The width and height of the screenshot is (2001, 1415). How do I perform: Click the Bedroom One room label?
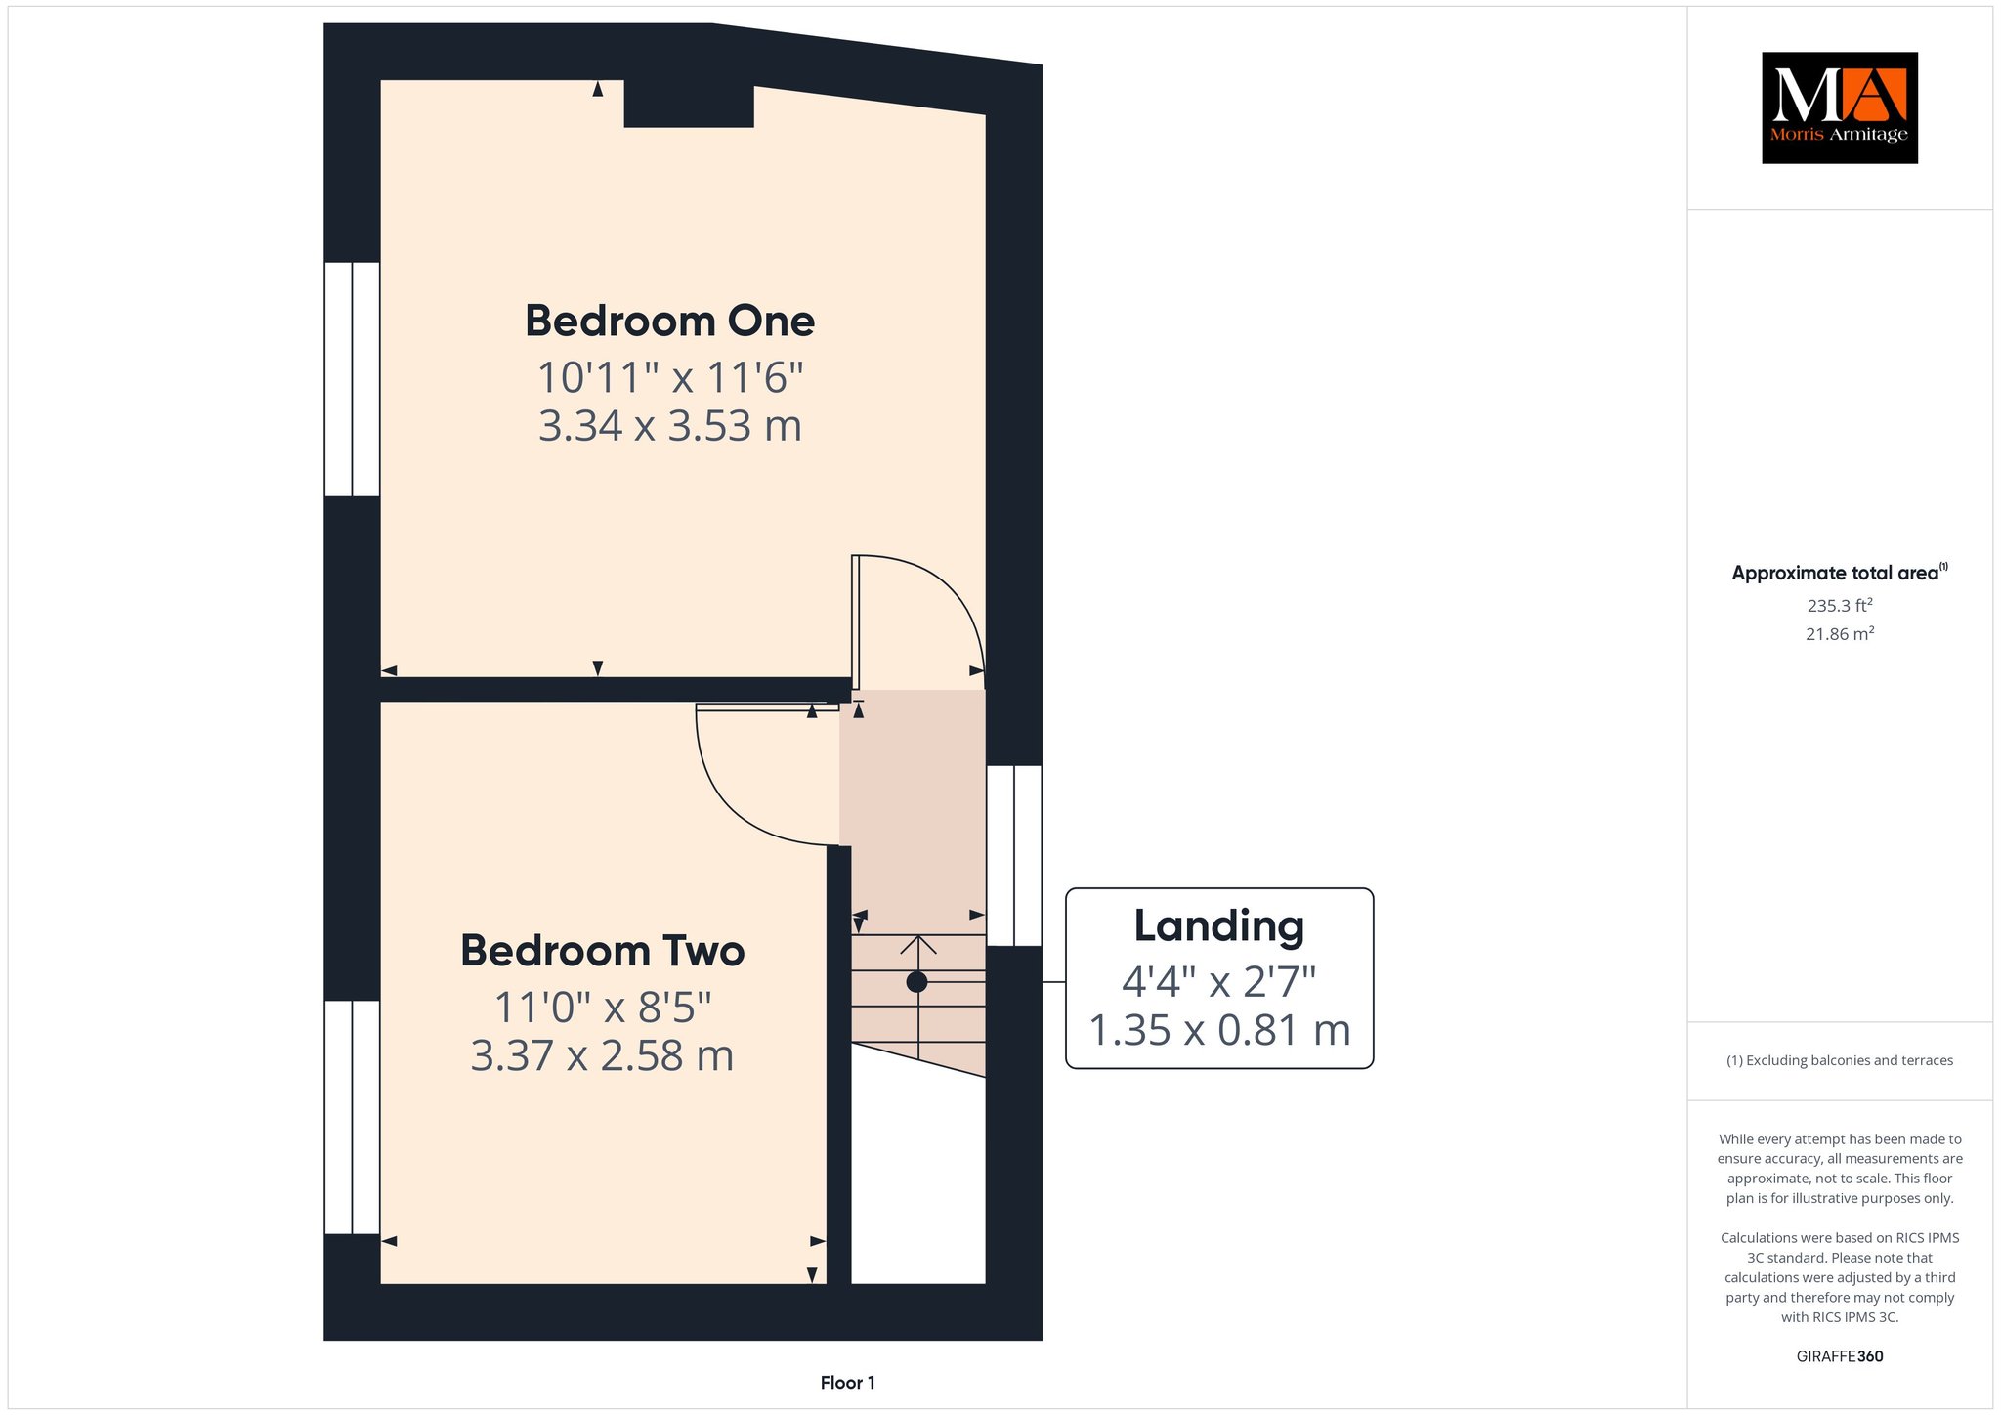pos(670,322)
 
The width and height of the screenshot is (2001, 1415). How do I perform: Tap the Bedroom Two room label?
pos(603,951)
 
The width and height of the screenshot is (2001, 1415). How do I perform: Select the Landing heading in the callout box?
pos(1218,926)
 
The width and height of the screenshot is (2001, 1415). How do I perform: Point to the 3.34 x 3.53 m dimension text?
pos(670,426)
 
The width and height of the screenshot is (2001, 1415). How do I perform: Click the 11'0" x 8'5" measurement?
pos(603,1008)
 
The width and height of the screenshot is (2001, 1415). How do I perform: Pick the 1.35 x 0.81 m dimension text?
pos(1219,1030)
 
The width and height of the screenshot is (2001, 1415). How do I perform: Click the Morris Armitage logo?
pos(1840,107)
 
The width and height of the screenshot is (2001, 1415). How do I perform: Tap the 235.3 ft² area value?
pos(1840,606)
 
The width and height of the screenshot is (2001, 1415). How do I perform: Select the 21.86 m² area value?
pos(1840,634)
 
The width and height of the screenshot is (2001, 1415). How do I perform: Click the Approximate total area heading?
pos(1840,573)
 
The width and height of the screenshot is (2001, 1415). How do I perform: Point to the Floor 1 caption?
pos(848,1383)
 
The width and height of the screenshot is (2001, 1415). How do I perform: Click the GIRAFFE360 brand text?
pos(1840,1356)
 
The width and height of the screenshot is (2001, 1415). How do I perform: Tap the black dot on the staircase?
pos(916,982)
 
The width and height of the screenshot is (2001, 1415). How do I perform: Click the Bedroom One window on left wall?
pos(352,379)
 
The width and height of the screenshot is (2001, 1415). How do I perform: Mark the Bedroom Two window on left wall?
pos(352,1117)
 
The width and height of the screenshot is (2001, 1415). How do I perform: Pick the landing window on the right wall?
pos(1014,856)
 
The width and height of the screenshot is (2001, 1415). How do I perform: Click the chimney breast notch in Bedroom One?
pos(689,104)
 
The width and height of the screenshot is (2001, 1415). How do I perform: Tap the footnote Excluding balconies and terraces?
pos(1840,1060)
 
